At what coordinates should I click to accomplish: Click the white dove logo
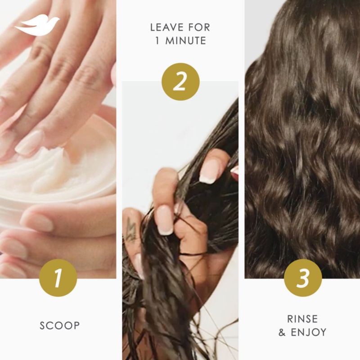[37, 25]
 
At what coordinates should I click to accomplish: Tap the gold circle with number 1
[58, 278]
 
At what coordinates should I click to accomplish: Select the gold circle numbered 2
[180, 82]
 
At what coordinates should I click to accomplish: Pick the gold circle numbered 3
[303, 278]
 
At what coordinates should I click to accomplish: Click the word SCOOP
[60, 325]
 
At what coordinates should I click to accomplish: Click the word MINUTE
[186, 41]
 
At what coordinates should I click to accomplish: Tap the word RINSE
[302, 319]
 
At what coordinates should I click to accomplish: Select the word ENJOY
[308, 332]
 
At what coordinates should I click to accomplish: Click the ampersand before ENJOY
[282, 333]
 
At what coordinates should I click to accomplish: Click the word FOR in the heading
[199, 27]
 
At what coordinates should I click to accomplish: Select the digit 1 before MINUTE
[157, 41]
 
